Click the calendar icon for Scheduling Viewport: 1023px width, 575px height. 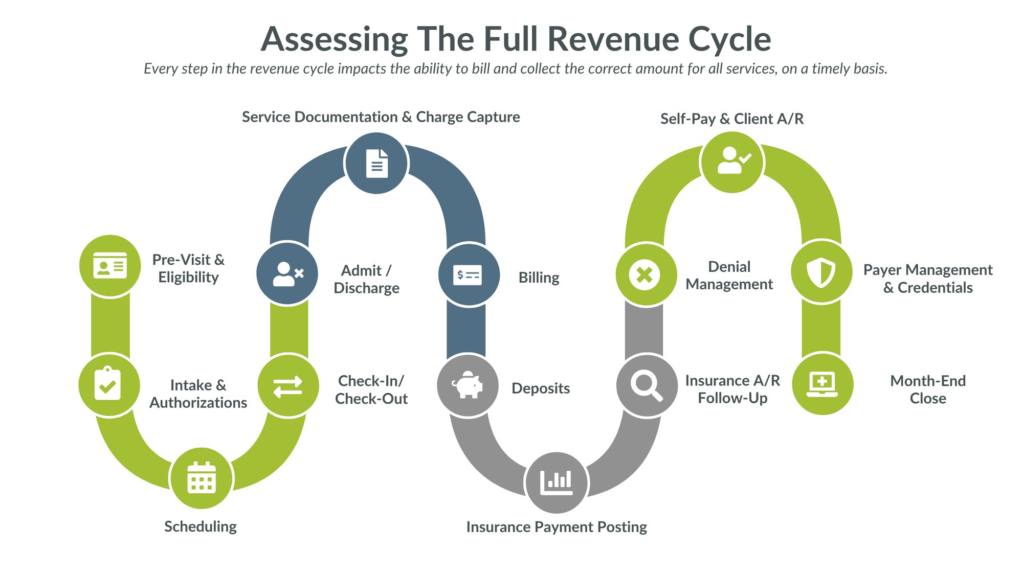[x=202, y=478]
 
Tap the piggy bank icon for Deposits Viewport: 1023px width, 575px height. [x=468, y=385]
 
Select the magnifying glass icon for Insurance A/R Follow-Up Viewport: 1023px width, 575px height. [x=647, y=385]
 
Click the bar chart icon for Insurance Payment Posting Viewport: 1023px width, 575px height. [x=557, y=482]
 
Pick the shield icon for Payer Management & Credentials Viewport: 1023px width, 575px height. [x=821, y=272]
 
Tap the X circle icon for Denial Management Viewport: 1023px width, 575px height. [x=645, y=274]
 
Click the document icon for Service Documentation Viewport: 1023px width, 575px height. [x=376, y=164]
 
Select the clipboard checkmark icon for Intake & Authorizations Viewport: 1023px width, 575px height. [x=108, y=384]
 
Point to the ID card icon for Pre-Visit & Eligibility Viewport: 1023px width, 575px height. [x=110, y=266]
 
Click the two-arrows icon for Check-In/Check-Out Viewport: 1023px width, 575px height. [x=288, y=386]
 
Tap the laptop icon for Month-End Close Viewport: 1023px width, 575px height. [x=822, y=384]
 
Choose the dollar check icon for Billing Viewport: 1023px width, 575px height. [x=468, y=275]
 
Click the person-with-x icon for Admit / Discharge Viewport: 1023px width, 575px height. [x=287, y=274]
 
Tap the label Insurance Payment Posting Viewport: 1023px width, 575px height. [x=557, y=527]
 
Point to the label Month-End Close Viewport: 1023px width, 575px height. [x=927, y=389]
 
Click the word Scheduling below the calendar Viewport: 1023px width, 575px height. [x=201, y=526]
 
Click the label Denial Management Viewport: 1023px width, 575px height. [x=729, y=275]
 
